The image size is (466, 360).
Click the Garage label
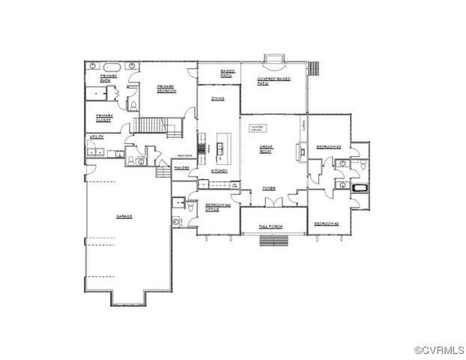[124, 217]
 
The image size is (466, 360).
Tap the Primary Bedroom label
[166, 88]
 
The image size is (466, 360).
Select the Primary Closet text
[103, 117]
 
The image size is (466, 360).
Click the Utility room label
[96, 137]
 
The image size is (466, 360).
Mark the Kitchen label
[219, 171]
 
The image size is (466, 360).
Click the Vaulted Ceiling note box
[261, 127]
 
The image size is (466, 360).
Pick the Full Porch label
[270, 226]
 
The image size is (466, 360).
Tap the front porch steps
[273, 240]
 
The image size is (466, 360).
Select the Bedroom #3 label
[328, 146]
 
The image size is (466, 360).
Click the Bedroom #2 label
[327, 223]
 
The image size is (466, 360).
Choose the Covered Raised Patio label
[273, 79]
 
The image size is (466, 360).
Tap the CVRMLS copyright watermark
[438, 350]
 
